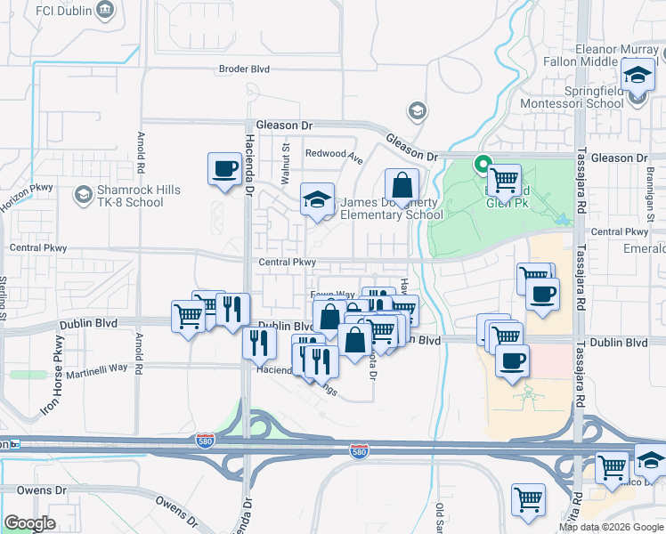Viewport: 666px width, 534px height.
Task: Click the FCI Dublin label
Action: pos(55,11)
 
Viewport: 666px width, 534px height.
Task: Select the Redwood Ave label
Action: pos(334,154)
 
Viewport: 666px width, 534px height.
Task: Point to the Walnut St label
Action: pos(287,164)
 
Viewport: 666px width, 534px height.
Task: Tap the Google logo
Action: pos(29,523)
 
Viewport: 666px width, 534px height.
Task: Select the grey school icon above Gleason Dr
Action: pos(416,110)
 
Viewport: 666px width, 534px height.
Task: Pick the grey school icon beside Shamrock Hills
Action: pos(83,194)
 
